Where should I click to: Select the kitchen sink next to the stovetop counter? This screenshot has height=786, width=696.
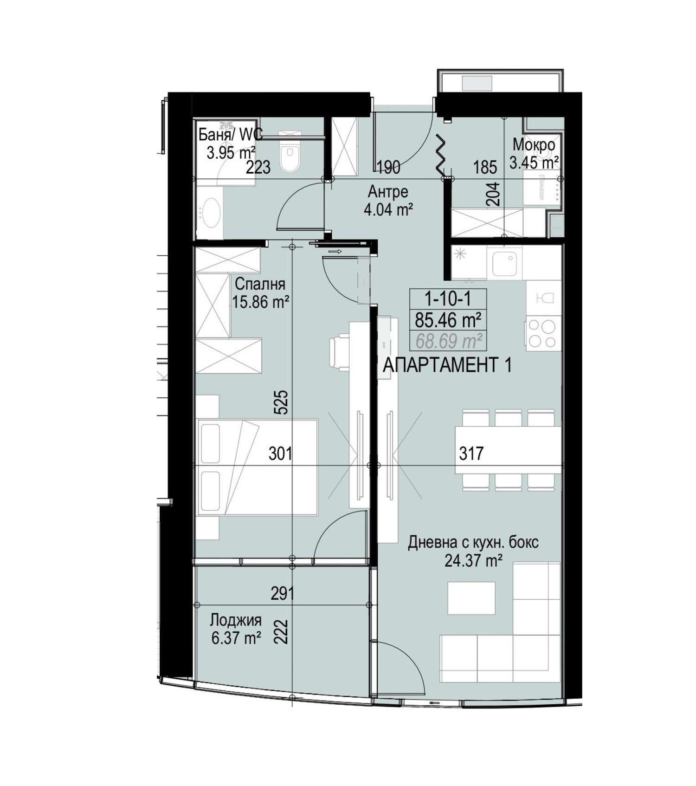[x=504, y=263]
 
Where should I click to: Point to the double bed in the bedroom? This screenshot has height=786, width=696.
[x=257, y=467]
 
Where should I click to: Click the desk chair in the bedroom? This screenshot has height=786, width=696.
[x=339, y=353]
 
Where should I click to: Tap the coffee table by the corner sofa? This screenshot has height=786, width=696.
[x=471, y=598]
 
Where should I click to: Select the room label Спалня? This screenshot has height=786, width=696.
[x=260, y=284]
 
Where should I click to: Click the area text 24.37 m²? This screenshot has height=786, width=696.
[x=473, y=561]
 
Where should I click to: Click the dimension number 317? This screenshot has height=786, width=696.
[x=471, y=453]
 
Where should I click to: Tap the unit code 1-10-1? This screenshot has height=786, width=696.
[x=448, y=299]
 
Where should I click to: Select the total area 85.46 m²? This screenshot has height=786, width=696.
[x=448, y=320]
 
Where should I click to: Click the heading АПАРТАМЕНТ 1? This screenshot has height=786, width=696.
[x=447, y=365]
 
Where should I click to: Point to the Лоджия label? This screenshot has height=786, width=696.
[x=235, y=620]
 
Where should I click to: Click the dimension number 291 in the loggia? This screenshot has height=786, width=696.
[x=282, y=593]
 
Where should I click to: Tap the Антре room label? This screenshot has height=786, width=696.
[x=388, y=191]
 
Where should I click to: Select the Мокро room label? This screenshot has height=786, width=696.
[x=534, y=145]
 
